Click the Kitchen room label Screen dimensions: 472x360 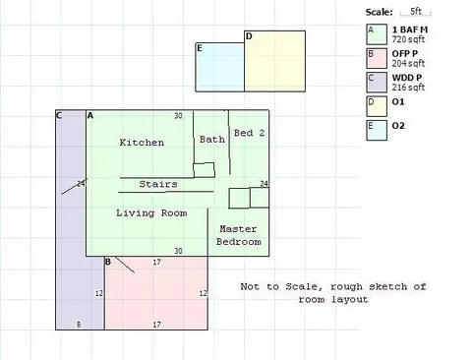click(x=142, y=143)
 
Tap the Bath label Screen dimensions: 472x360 click(x=212, y=140)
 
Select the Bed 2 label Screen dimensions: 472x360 click(x=249, y=133)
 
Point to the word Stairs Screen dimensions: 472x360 click(x=158, y=184)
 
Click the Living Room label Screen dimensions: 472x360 click(x=151, y=213)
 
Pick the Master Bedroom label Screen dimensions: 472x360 click(x=238, y=235)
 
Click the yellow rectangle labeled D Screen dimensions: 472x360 click(x=274, y=61)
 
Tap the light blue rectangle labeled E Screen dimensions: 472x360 click(x=220, y=67)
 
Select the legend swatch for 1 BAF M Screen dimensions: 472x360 click(x=377, y=34)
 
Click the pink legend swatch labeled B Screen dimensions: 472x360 click(x=377, y=58)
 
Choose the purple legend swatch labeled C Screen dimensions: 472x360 click(x=377, y=83)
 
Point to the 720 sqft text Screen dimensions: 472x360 click(x=408, y=39)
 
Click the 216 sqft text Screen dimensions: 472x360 click(x=408, y=88)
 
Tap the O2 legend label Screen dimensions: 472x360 click(x=398, y=126)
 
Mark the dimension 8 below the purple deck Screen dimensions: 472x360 click(x=79, y=325)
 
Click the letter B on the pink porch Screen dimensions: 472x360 click(x=108, y=262)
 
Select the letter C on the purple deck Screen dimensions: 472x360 click(x=59, y=115)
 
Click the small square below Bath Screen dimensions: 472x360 click(x=204, y=170)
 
